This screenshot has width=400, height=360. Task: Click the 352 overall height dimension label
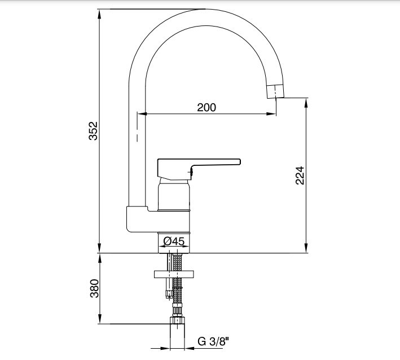(x=93, y=131)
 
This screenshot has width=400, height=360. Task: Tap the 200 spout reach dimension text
(x=206, y=107)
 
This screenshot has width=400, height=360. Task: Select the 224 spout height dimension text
(x=300, y=175)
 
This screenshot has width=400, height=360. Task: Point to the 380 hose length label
(x=94, y=288)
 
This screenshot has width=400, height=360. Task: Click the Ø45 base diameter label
(x=174, y=241)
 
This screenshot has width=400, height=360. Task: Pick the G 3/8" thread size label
(x=213, y=341)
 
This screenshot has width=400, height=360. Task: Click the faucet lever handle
(x=199, y=168)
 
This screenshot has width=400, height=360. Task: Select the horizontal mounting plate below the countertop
(x=174, y=274)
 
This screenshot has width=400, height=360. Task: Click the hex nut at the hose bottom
(x=177, y=321)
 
